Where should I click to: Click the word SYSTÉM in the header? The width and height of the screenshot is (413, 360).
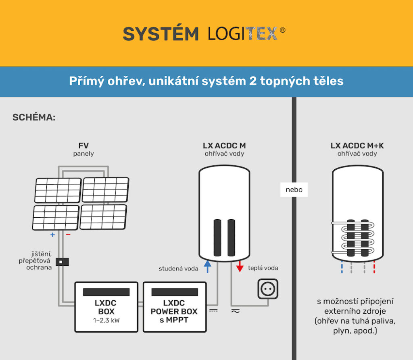click(161, 34)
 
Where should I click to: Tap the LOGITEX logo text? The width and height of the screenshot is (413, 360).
click(243, 34)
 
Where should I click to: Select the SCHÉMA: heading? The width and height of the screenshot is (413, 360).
click(34, 117)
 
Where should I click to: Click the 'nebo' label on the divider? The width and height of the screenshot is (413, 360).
click(294, 189)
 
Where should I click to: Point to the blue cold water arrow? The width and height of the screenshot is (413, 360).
click(207, 266)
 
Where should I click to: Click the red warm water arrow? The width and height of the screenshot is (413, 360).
click(240, 266)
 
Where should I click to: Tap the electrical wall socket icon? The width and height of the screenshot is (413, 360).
click(268, 289)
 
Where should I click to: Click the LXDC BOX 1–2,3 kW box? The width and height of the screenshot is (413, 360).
click(106, 307)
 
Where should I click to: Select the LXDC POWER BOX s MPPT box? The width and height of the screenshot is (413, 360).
click(174, 307)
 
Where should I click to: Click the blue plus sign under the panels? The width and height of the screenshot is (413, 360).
click(52, 234)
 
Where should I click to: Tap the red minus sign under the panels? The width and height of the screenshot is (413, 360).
click(68, 234)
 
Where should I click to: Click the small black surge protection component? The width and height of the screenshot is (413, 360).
click(62, 262)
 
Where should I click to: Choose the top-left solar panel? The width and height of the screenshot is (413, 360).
click(58, 190)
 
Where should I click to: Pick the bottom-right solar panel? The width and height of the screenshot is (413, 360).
click(103, 217)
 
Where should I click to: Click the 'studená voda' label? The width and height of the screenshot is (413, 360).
click(178, 268)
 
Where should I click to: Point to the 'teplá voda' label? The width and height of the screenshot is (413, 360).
click(263, 268)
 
